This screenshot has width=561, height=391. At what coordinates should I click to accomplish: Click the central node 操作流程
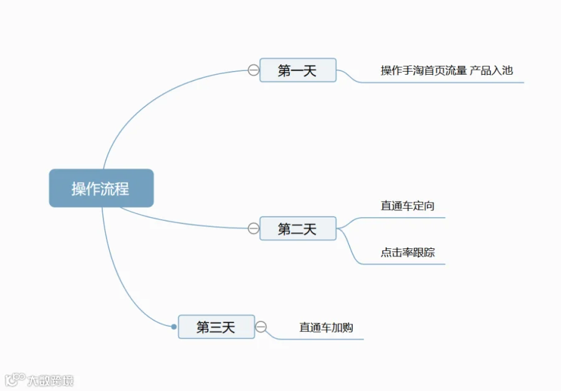(x=101, y=188)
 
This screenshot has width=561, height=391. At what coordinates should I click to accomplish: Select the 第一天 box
(x=298, y=70)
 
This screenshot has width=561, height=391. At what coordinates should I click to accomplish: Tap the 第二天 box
(x=298, y=228)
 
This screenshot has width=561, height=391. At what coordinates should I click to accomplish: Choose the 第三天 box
(x=216, y=327)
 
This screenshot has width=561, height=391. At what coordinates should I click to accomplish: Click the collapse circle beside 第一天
(x=253, y=70)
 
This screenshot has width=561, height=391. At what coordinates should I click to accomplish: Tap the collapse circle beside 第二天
(x=253, y=228)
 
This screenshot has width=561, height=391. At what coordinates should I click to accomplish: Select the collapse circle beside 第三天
(x=261, y=327)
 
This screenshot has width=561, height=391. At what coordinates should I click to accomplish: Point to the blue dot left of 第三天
(x=174, y=327)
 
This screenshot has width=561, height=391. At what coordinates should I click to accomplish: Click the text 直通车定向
(x=407, y=206)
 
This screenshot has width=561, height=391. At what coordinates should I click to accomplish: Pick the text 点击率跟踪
(x=407, y=252)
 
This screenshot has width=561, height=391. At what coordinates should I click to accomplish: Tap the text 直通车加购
(x=326, y=327)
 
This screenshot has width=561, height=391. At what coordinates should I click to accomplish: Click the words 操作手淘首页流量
(x=424, y=70)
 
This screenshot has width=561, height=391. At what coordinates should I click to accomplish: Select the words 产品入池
(x=491, y=70)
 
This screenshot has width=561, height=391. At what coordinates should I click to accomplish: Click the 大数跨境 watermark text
(x=50, y=380)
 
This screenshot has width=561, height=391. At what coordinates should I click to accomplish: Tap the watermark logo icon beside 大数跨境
(x=15, y=380)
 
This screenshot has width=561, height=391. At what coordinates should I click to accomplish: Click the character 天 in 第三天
(x=228, y=327)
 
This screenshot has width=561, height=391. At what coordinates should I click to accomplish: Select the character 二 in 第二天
(x=297, y=229)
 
